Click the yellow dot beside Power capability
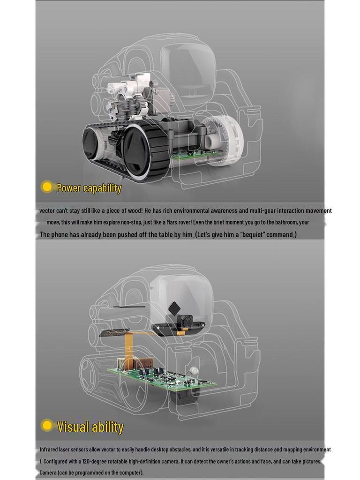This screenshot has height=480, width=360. click(47, 187)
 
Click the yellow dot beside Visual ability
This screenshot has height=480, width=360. click(47, 425)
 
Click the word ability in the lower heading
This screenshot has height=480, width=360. click(107, 427)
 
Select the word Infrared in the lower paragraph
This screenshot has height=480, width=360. click(50, 450)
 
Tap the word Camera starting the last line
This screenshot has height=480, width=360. click(48, 472)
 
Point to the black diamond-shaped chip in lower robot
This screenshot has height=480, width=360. click(174, 308)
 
